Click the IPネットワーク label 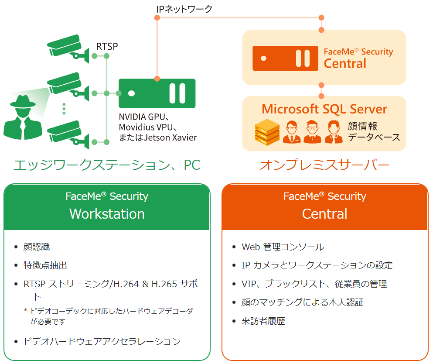pos(184,8)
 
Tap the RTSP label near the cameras pos(107,46)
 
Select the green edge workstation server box pos(157,93)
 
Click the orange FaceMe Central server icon pos(285,58)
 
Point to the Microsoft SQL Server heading pos(324,109)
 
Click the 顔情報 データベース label pos(374,132)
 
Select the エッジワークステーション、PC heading pos(107,165)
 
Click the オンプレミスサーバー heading pos(324,165)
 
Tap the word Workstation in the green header pos(107,214)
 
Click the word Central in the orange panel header pos(324,214)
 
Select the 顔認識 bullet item pos(37,247)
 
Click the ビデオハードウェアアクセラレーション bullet pos(102,341)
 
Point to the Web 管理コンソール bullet pos(283,247)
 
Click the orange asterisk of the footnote pos(26,311)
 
